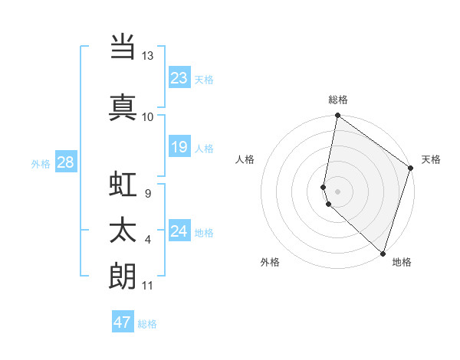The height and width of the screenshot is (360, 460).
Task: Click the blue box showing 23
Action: coord(179,77)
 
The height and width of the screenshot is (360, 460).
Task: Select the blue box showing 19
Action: coord(179,147)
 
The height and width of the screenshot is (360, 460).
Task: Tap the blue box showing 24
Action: coord(179,231)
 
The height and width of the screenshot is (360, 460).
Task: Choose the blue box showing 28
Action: coord(65,162)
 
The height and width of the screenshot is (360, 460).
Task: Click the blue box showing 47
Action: coord(123,322)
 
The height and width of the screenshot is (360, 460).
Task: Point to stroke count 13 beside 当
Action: coord(147,56)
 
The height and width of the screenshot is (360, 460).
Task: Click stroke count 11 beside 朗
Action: coord(147,286)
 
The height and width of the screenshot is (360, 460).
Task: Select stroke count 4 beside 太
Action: coord(148,241)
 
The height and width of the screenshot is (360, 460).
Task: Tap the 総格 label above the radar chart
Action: coord(338,100)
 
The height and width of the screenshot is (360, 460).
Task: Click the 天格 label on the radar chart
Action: coord(431,159)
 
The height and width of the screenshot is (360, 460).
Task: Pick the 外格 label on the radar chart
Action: coord(270,262)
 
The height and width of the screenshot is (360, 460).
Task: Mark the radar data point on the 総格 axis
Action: coord(337,116)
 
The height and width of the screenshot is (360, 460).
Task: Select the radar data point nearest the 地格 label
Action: coord(383,253)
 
